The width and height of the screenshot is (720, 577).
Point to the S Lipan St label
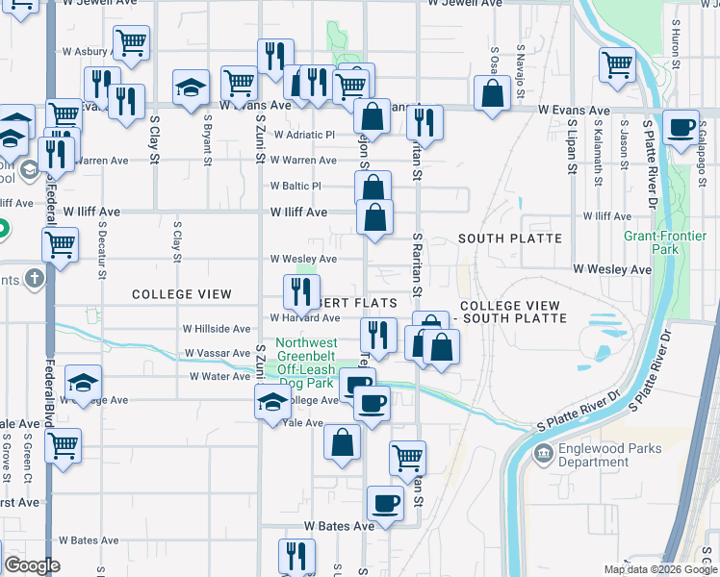[x=571, y=144]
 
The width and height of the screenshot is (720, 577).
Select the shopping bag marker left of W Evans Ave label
[x=493, y=94]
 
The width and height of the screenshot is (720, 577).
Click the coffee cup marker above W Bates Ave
[x=385, y=503]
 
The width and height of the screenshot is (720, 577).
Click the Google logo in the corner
[x=31, y=565]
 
